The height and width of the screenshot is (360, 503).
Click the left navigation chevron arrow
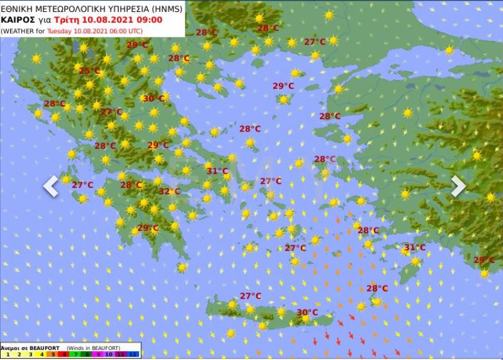click(51, 186)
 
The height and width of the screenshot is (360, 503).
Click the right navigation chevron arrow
click(458, 186)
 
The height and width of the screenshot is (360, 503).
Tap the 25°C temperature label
click(90, 71)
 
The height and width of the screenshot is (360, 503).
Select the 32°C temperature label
click(169, 191)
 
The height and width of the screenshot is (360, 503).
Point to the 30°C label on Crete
click(307, 312)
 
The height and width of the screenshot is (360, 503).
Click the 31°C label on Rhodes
click(414, 248)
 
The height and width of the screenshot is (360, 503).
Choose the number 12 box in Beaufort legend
click(134, 354)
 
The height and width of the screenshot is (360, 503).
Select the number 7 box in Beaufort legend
click(76, 354)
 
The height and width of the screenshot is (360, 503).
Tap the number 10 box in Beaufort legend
click(110, 354)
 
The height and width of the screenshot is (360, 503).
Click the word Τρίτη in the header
click(59, 19)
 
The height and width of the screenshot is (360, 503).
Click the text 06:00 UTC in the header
click(125, 30)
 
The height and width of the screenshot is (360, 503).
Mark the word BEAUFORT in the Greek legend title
click(41, 348)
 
